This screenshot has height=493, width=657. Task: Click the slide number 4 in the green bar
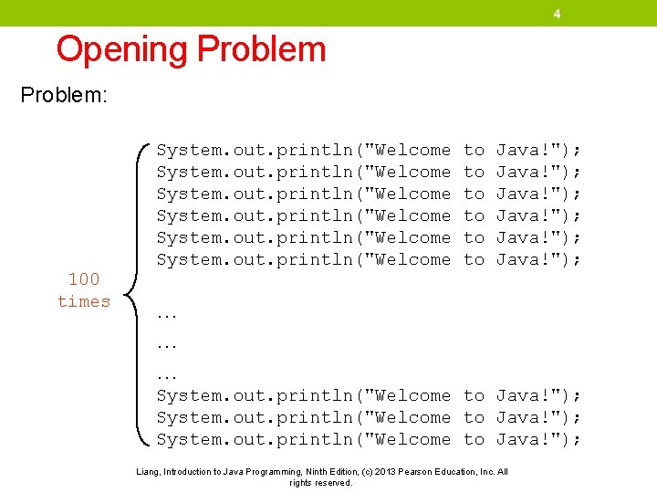[556, 14]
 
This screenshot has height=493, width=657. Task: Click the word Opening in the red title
[122, 49]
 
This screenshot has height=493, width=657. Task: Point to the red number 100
[84, 278]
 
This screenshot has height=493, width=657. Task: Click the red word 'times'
[84, 301]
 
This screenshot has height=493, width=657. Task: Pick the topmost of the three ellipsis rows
[166, 316]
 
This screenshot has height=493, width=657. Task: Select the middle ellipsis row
[166, 345]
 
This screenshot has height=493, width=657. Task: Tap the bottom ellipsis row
[166, 374]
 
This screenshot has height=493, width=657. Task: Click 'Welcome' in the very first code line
[412, 150]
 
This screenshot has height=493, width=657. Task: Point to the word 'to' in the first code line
[474, 150]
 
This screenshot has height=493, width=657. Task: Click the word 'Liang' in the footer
[149, 471]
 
